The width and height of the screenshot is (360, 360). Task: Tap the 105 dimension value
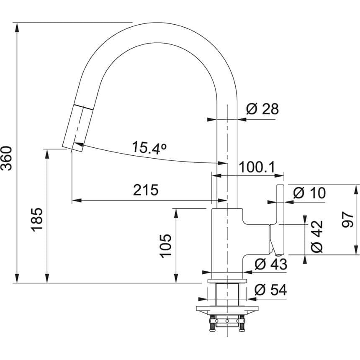[x=165, y=245]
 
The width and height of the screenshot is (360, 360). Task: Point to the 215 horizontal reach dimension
[x=146, y=190]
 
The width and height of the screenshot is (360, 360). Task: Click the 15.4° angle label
[x=149, y=147]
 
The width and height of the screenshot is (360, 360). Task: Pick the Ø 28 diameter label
[x=262, y=109]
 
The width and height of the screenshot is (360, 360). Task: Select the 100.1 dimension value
[x=256, y=167]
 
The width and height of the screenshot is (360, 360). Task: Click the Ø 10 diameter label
[x=309, y=193]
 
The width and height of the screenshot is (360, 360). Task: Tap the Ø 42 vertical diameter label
[x=317, y=236]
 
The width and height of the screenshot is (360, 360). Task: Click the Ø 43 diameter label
[x=270, y=264]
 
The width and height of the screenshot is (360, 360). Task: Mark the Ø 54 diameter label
[x=270, y=290]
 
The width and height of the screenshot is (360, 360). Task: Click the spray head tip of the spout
[x=69, y=146]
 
